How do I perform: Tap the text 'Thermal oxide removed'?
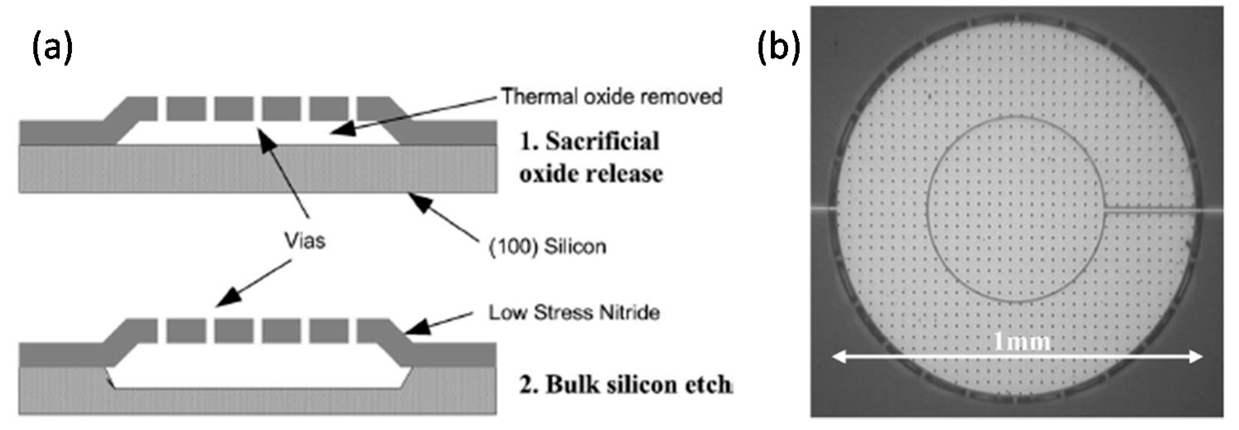[612, 97]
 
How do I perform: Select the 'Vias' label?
[305, 240]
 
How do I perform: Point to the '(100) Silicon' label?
[547, 247]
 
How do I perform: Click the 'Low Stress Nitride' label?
[574, 313]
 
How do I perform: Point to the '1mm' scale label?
[1022, 342]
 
